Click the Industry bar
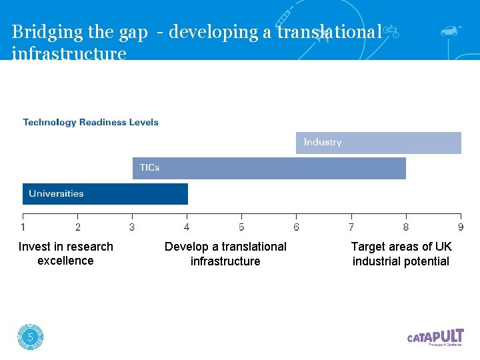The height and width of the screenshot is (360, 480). click(378, 143)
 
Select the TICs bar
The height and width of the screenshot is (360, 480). click(269, 168)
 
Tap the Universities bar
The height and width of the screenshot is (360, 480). click(105, 194)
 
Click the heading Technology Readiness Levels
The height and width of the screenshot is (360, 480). click(91, 122)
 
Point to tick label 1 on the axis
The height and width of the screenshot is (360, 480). click(23, 227)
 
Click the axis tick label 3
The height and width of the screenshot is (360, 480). click(132, 227)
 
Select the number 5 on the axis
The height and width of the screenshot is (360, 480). click(241, 227)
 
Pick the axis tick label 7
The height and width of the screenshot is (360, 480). click(351, 227)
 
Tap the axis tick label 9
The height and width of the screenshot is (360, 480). click(461, 227)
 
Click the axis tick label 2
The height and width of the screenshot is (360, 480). click(78, 227)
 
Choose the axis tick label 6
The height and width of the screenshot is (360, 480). click(297, 227)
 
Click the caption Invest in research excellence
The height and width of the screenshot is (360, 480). click(66, 254)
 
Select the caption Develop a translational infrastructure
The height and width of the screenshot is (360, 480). click(225, 254)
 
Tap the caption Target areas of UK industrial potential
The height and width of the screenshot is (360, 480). click(401, 254)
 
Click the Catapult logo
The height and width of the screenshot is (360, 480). click(435, 337)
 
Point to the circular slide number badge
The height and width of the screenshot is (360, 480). click(30, 337)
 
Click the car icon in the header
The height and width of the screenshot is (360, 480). click(450, 31)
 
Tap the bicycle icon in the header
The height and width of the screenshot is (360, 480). click(391, 31)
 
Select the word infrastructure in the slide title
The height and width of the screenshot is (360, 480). click(69, 53)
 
